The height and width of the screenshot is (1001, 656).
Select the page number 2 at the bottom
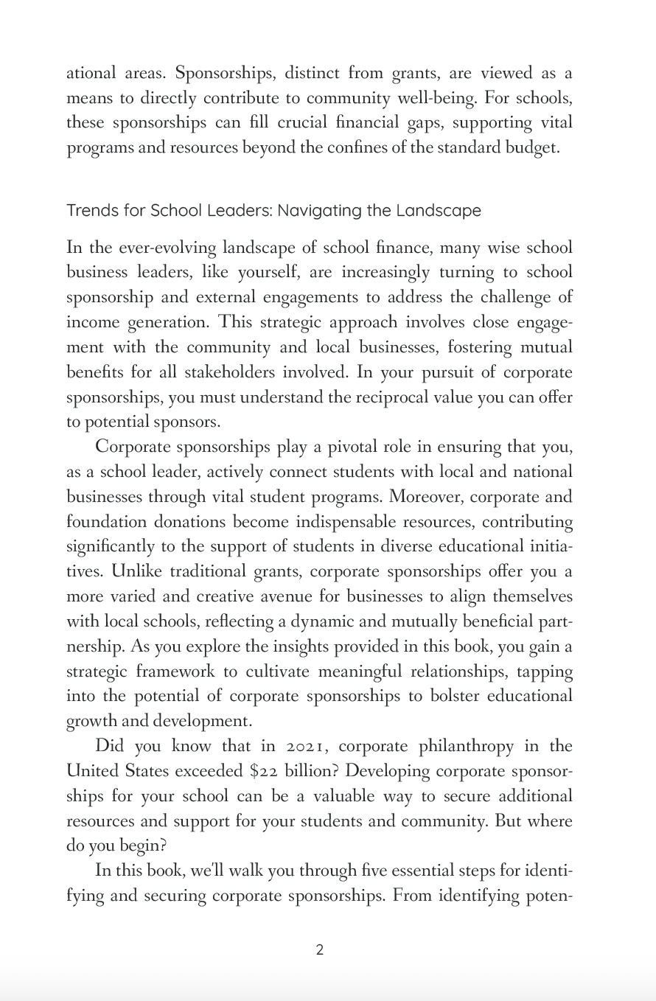pyautogui.click(x=319, y=950)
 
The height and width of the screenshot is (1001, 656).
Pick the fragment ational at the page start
pyautogui.click(x=91, y=73)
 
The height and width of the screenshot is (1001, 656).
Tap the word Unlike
pyautogui.click(x=136, y=572)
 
